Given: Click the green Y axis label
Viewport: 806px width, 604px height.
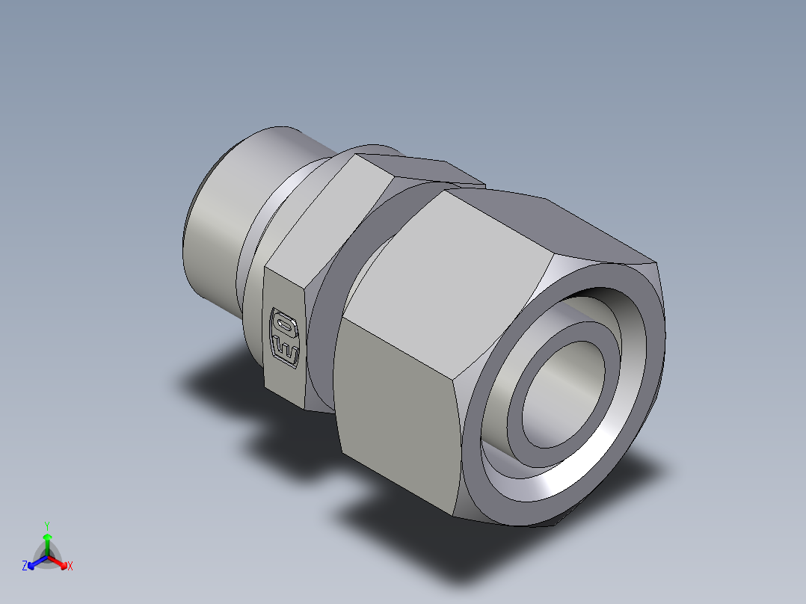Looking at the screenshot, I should coord(47,525).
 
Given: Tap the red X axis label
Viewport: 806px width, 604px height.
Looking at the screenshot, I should coord(70,567).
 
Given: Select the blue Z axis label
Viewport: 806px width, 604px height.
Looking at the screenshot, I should coord(25,567).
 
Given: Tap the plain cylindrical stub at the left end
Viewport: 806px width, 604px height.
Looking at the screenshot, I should coord(217,224).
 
